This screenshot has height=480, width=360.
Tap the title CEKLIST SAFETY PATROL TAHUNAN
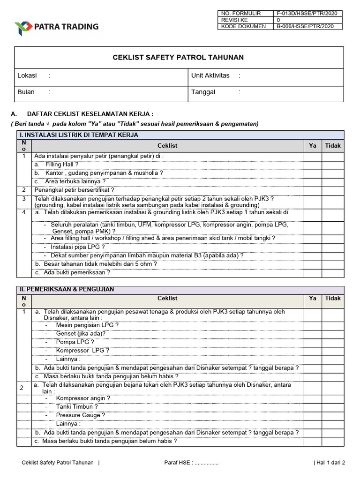[x=178, y=58]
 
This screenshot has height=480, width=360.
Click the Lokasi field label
[x=27, y=75]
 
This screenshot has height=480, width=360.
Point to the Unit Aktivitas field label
[x=210, y=75]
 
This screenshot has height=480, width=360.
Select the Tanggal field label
[x=203, y=92]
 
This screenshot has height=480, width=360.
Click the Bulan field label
[x=26, y=92]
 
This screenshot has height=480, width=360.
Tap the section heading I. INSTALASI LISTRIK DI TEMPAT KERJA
[x=79, y=135]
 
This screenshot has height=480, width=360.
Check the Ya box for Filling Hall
[x=313, y=165]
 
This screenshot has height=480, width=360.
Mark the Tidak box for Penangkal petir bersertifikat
[x=333, y=190]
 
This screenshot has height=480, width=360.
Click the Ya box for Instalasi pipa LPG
[x=313, y=247]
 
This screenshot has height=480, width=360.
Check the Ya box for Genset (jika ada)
[x=313, y=333]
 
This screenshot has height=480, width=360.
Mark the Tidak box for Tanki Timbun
[x=333, y=407]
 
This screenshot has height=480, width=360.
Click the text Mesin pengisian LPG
[x=87, y=325]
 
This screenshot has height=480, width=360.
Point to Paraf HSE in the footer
[x=178, y=463]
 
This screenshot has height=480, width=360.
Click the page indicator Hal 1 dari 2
[x=330, y=463]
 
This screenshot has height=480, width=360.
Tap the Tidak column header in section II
[x=333, y=298]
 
